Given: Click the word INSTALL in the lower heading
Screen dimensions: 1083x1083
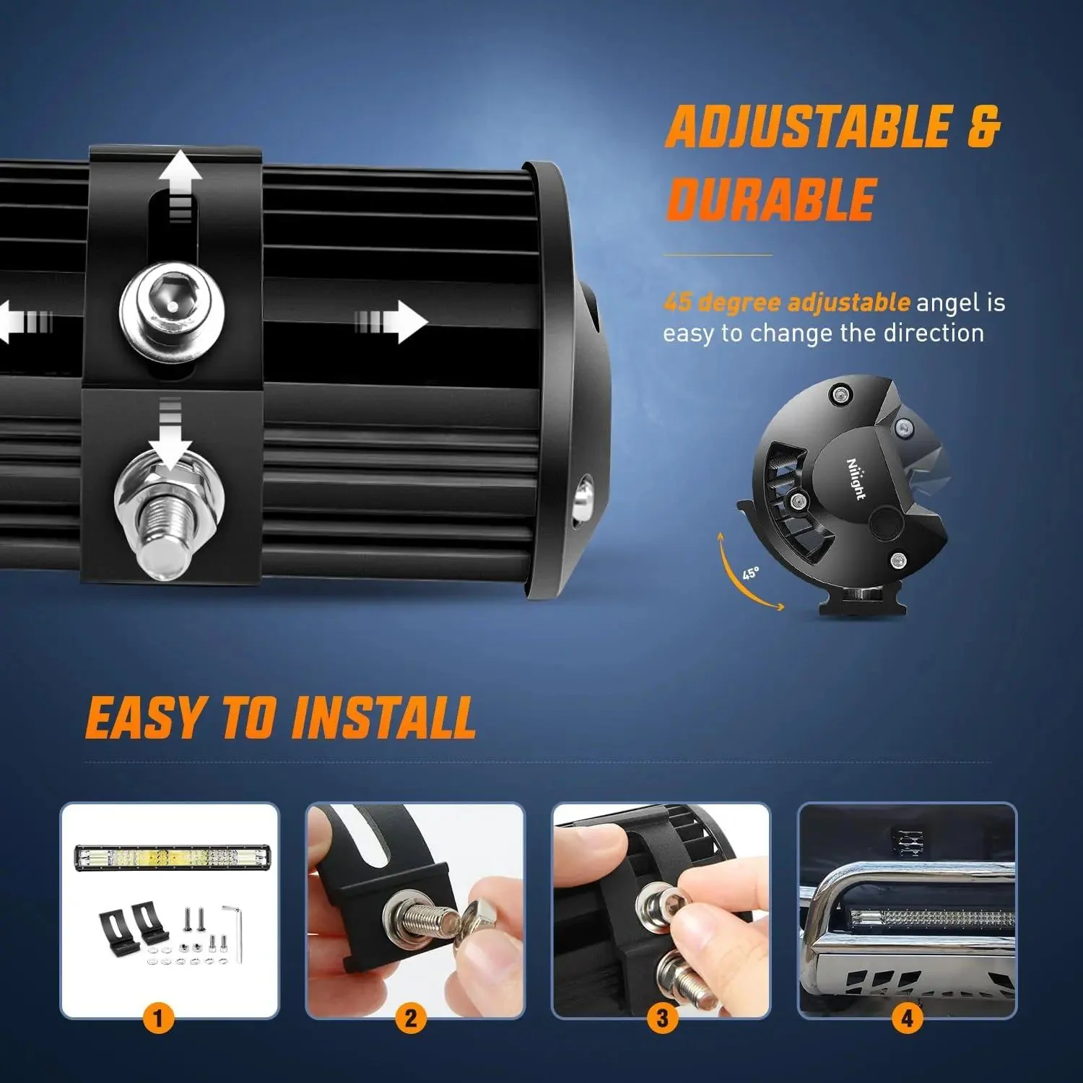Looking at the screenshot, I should coord(384,718).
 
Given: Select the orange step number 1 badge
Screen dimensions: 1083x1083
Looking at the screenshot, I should coord(159,1019).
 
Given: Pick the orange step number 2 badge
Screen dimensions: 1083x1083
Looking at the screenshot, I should coord(410,1019).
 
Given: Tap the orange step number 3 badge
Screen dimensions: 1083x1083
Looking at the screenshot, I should coord(661,1019).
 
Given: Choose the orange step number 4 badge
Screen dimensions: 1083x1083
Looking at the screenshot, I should coord(907,1019).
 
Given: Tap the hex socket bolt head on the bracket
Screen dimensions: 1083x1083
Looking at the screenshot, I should coord(172,308).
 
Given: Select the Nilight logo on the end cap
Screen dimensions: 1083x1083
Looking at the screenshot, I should coord(856,478).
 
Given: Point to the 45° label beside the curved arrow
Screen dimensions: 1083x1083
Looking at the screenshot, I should coord(751,573).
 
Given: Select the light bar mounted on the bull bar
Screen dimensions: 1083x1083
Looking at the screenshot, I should coord(931,918).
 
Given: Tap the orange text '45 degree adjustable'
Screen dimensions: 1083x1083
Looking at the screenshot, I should coord(787,302).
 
